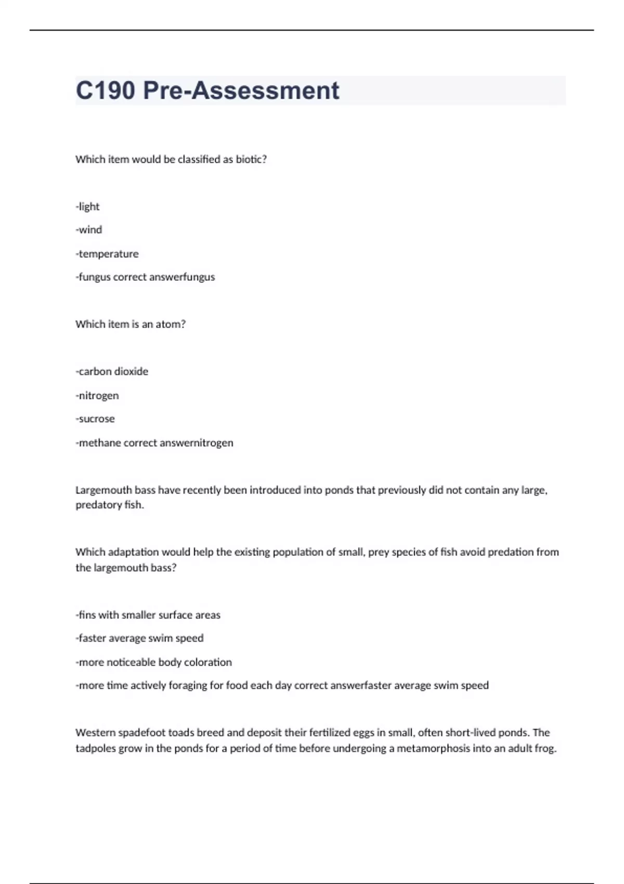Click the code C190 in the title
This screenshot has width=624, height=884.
coord(106,90)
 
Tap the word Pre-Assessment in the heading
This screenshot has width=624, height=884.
coord(241,90)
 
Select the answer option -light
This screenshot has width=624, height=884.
coord(87,206)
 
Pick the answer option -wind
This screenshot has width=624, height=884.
coord(89,230)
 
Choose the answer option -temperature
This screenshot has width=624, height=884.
coord(107,254)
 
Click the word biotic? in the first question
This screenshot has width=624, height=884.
coord(251,159)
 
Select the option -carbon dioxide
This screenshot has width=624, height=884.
coord(112,371)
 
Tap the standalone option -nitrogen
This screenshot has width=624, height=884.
coord(97,395)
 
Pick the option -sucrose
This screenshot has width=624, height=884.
coord(95,419)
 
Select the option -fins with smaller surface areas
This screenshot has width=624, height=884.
coord(148,615)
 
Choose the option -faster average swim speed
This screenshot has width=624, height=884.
coord(139,638)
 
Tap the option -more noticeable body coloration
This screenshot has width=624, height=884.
coord(153,662)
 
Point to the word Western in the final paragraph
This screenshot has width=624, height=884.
coord(95,733)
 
